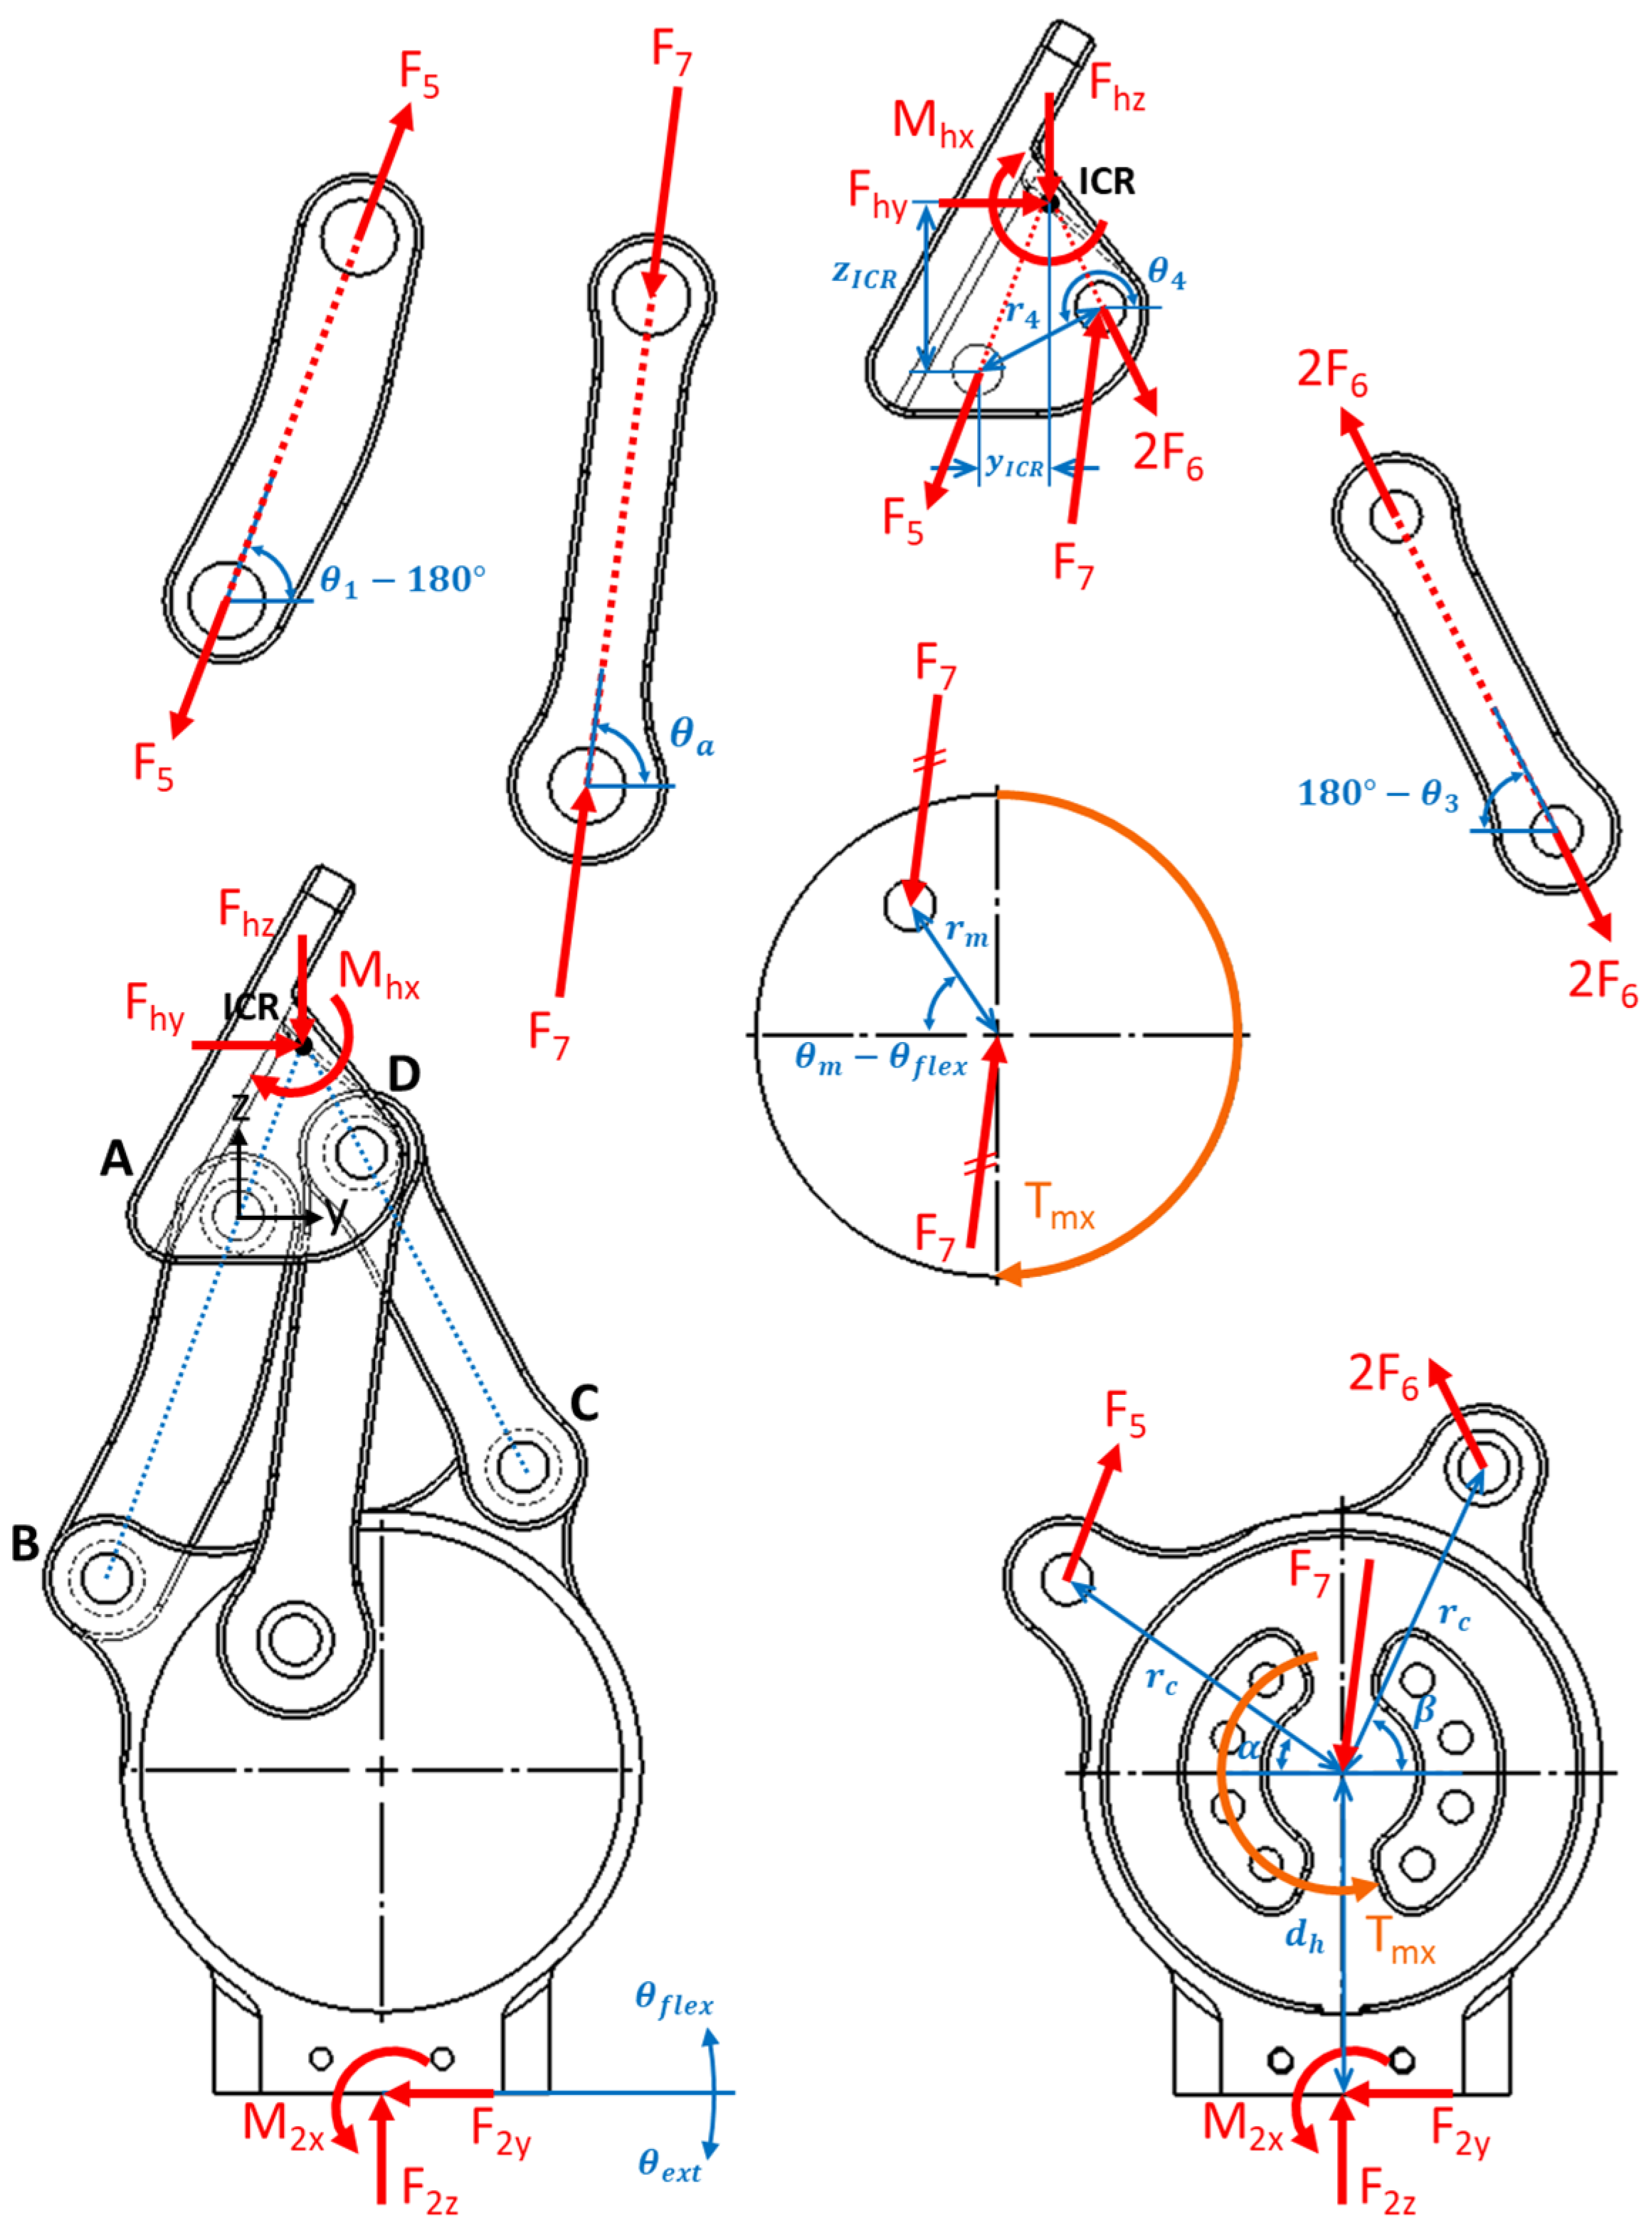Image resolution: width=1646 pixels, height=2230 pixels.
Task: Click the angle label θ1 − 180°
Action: (403, 580)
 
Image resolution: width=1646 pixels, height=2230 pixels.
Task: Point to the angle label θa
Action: (692, 736)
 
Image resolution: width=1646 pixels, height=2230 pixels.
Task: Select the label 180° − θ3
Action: (1378, 794)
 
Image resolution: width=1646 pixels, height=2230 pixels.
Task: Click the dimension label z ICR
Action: (865, 274)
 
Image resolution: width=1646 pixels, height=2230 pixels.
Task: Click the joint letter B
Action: (25, 1543)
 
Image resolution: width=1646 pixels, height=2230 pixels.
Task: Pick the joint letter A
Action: (117, 1158)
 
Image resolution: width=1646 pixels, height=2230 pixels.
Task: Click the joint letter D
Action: (403, 1073)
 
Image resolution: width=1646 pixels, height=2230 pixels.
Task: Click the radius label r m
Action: (966, 931)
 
